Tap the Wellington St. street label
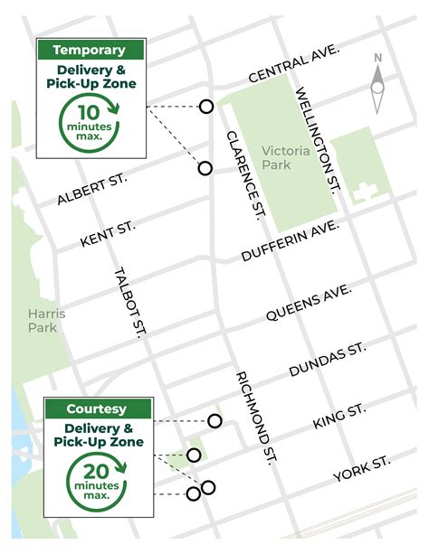pos(316,138)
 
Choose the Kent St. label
pos(108,234)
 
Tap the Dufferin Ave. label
pos(290,241)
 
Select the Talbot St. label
pos(130,302)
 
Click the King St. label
pos(338,417)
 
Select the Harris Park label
pos(42,319)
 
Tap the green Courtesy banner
pos(100,408)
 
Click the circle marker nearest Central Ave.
pos(206,107)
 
